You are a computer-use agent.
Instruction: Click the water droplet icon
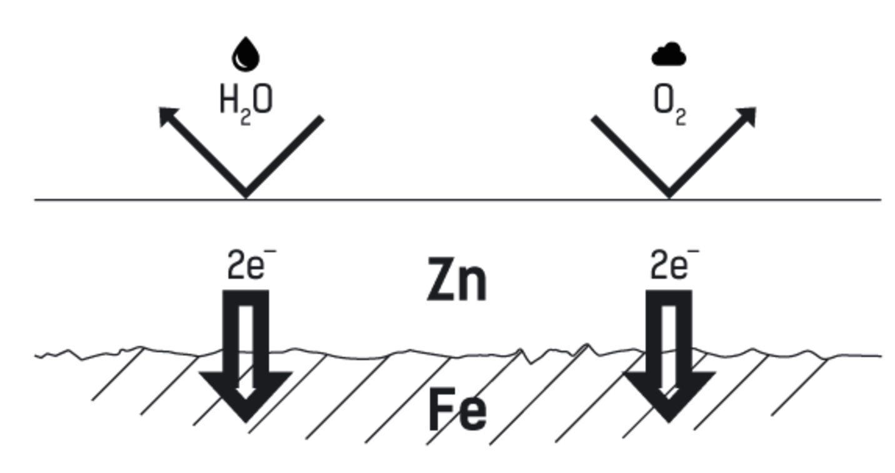pos(246,54)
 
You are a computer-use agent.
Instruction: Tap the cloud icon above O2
pos(669,55)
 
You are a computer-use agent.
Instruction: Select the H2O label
pos(246,102)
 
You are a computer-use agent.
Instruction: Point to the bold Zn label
pos(456,281)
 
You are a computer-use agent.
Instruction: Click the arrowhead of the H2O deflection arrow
pos(167,116)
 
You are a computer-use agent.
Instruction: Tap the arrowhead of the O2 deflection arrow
pos(748,116)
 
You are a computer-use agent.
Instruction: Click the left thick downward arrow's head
pos(246,394)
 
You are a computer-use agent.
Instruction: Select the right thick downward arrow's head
pos(669,394)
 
